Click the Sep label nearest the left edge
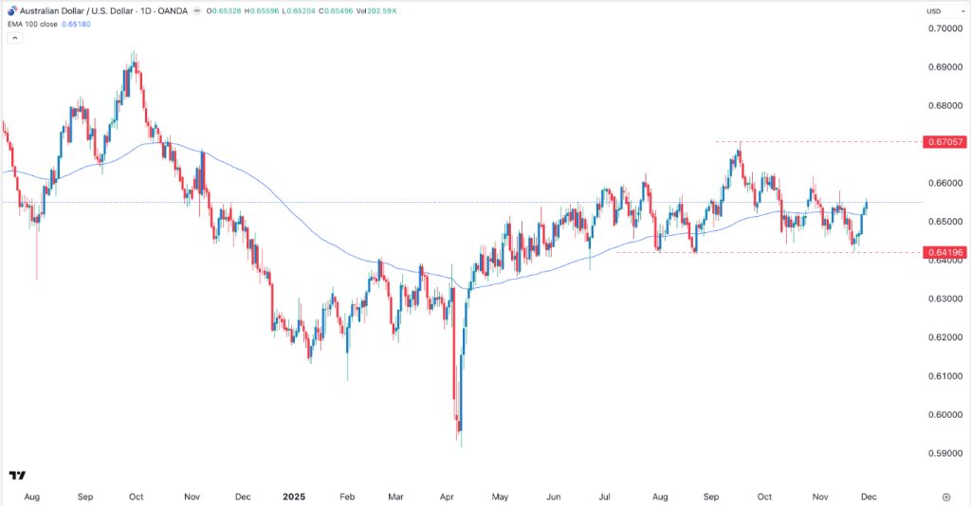84,496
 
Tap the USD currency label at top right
934,10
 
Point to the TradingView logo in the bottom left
16,475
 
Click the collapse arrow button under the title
15,38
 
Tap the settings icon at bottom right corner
946,496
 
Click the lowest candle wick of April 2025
461,446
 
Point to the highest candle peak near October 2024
134,53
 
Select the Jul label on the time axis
606,496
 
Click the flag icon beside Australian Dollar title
9,10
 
